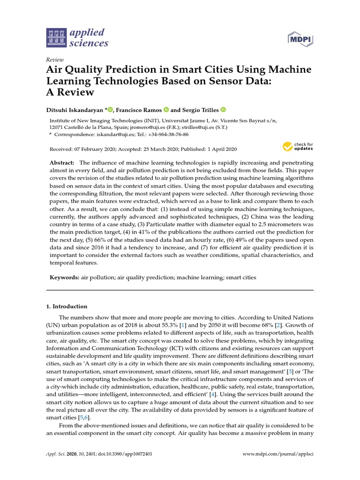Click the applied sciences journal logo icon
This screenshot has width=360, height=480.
[x=57, y=38]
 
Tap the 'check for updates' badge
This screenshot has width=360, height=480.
[x=298, y=147]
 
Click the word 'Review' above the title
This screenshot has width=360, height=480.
[x=55, y=60]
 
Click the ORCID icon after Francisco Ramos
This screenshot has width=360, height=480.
[x=166, y=110]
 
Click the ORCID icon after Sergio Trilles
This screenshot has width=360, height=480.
[x=223, y=110]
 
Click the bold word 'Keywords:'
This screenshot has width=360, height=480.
[x=65, y=277]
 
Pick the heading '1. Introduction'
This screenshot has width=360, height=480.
[x=67, y=307]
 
